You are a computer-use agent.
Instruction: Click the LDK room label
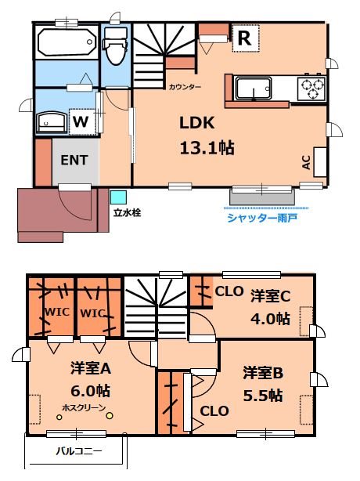click(x=196, y=125)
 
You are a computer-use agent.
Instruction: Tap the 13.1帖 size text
click(x=208, y=146)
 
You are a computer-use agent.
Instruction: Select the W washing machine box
click(x=81, y=122)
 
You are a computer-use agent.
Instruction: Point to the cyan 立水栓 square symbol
click(x=118, y=197)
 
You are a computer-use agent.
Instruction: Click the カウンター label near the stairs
click(x=185, y=86)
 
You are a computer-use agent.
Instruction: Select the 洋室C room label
click(x=271, y=298)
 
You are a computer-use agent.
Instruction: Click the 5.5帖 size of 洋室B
click(x=262, y=396)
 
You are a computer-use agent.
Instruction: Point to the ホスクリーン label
click(x=85, y=407)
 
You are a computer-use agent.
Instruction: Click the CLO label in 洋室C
click(x=228, y=292)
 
